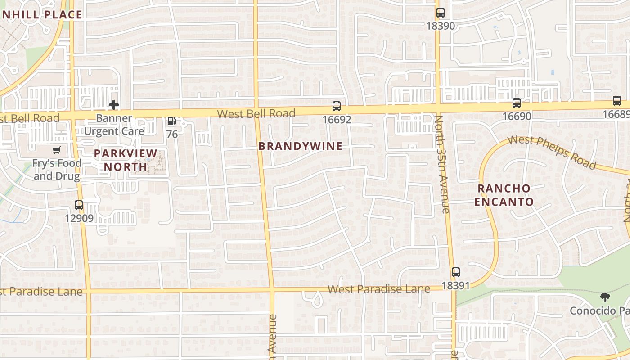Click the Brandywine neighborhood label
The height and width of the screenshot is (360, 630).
300,146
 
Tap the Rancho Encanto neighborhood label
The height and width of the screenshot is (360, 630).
504,195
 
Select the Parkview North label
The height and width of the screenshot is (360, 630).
126,160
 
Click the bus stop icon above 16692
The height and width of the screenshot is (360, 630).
337,106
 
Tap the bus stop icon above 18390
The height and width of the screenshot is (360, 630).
441,13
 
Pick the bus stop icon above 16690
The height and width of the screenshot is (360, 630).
517,103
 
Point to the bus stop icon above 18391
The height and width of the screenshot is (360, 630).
456,272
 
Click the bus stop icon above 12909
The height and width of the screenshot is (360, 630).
79,205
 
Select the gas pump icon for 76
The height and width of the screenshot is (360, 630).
171,121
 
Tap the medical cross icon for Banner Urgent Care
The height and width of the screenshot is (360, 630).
114,105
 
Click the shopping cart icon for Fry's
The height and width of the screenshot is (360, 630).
57,150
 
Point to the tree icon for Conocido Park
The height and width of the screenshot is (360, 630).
605,297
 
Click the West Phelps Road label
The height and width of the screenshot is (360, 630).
552,152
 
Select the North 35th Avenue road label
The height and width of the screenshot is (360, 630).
442,164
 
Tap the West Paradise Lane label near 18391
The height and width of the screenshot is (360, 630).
378,288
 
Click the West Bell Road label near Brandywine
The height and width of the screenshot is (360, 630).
256,113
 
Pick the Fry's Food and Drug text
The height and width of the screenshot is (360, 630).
57,169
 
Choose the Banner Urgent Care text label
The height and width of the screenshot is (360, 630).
114,125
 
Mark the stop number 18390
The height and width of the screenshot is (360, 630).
441,26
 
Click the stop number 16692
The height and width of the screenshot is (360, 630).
337,120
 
